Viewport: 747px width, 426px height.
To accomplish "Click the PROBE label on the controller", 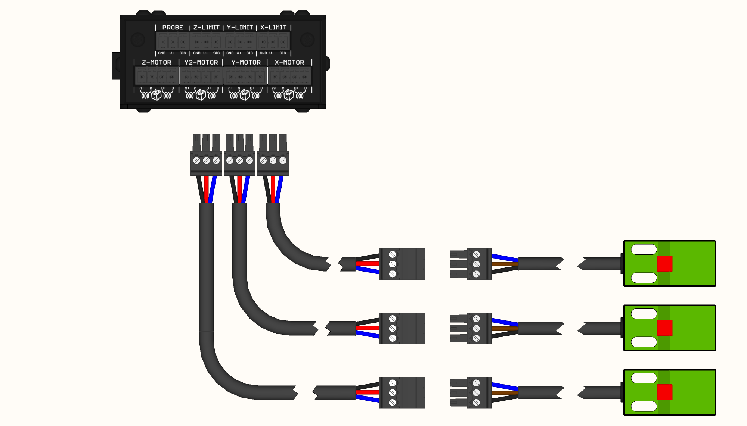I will pos(173,28).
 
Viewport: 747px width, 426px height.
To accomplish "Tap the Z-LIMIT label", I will pos(206,28).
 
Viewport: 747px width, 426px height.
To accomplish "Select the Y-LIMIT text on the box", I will pos(240,28).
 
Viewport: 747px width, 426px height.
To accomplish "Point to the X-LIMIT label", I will pos(273,28).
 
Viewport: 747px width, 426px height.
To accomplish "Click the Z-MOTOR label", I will pos(156,62).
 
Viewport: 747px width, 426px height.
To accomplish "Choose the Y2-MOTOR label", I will pos(201,62).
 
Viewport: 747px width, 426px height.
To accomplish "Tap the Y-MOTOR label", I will pos(246,62).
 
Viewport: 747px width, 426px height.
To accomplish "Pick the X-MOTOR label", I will pos(289,62).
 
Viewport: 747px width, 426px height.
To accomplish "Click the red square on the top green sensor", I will pos(664,264).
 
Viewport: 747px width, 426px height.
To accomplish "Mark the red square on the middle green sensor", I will pos(664,328).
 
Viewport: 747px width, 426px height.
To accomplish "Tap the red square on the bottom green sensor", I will pos(664,392).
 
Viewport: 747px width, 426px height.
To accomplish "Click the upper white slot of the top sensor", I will pos(644,250).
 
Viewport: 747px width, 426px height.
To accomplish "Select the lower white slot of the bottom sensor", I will pos(644,406).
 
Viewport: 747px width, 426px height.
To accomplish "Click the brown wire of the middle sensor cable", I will pos(504,328).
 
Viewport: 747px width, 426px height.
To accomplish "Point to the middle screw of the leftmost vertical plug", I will pos(206,160).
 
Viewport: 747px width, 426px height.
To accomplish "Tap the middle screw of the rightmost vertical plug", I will pos(273,160).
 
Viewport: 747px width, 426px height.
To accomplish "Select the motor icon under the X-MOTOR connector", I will pos(289,95).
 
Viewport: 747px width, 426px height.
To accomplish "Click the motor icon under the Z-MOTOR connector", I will pos(156,95).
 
